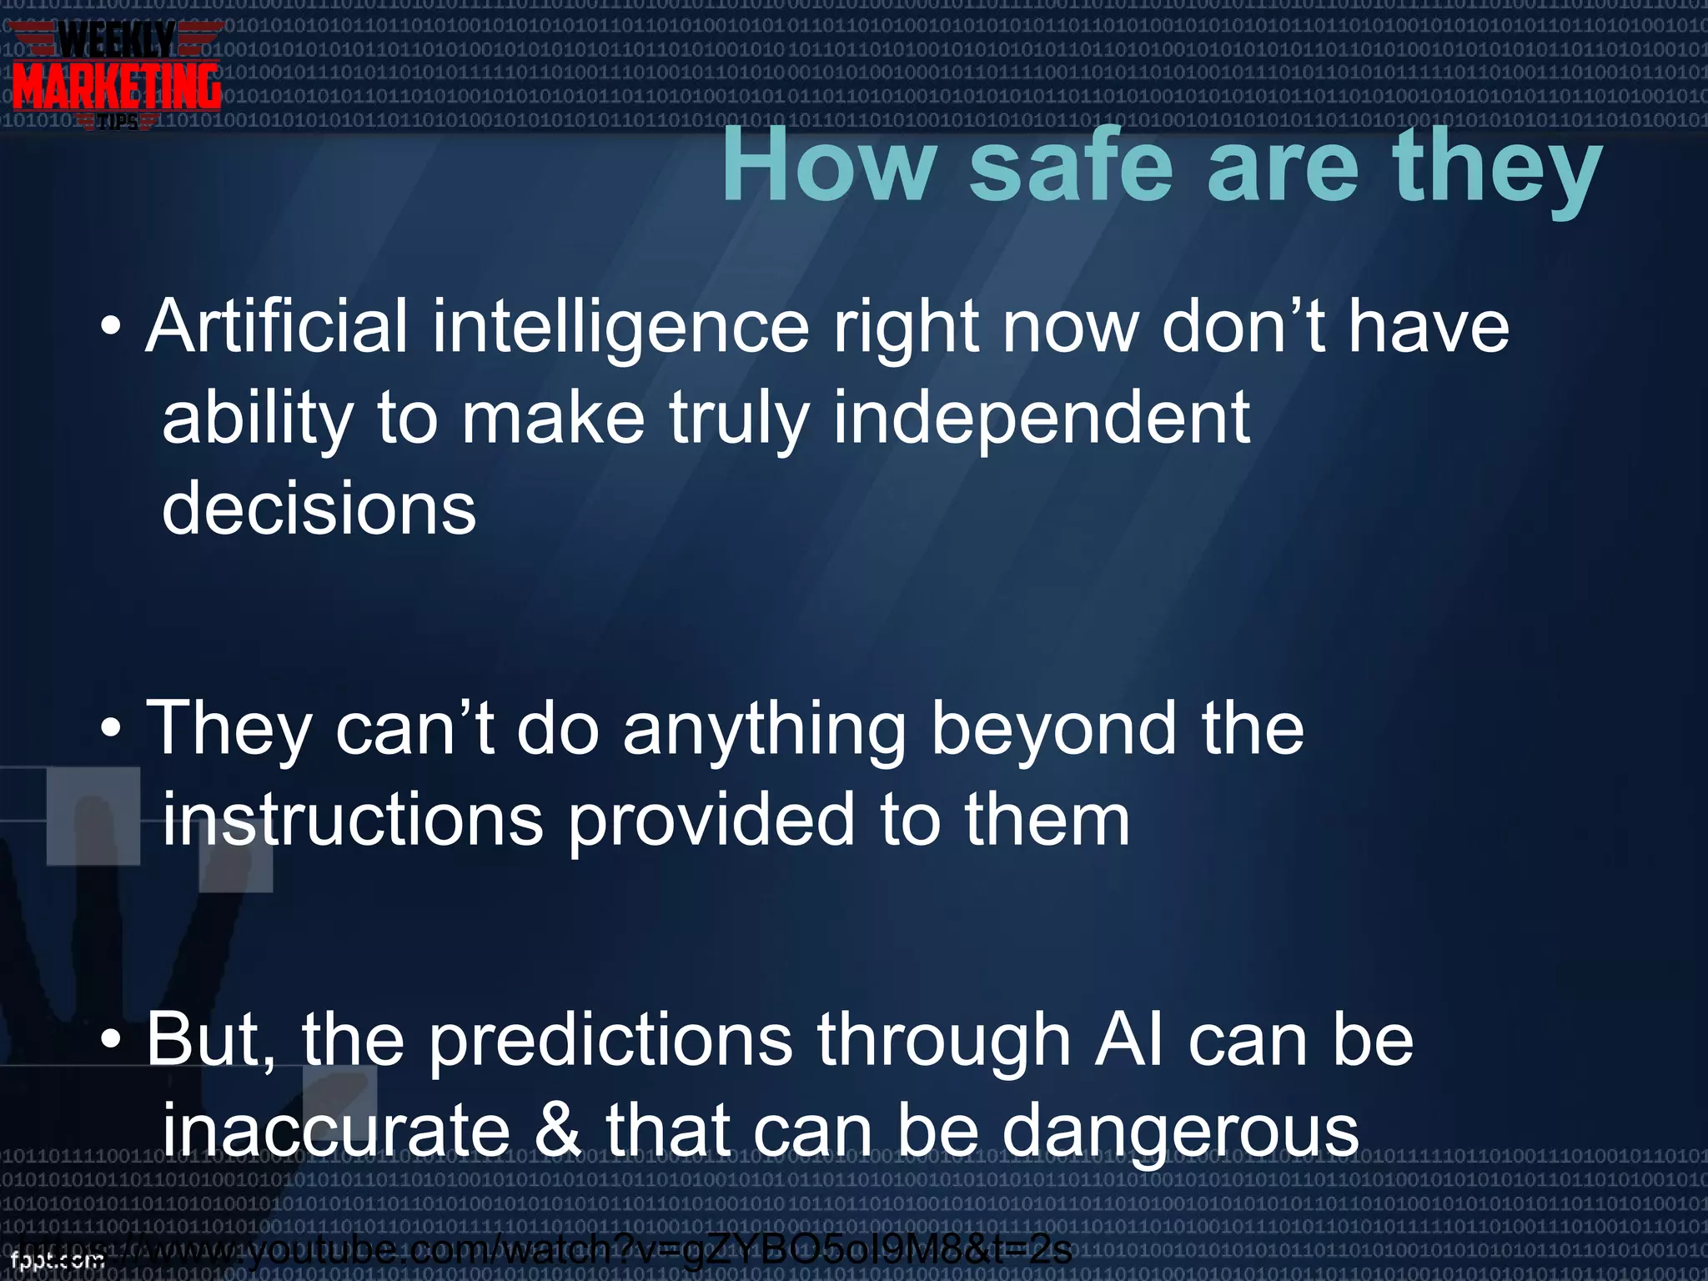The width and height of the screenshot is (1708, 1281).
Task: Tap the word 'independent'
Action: [x=1042, y=419]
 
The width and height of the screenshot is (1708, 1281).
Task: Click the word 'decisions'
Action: [x=319, y=509]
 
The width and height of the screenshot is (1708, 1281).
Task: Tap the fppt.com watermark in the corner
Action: [x=57, y=1260]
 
